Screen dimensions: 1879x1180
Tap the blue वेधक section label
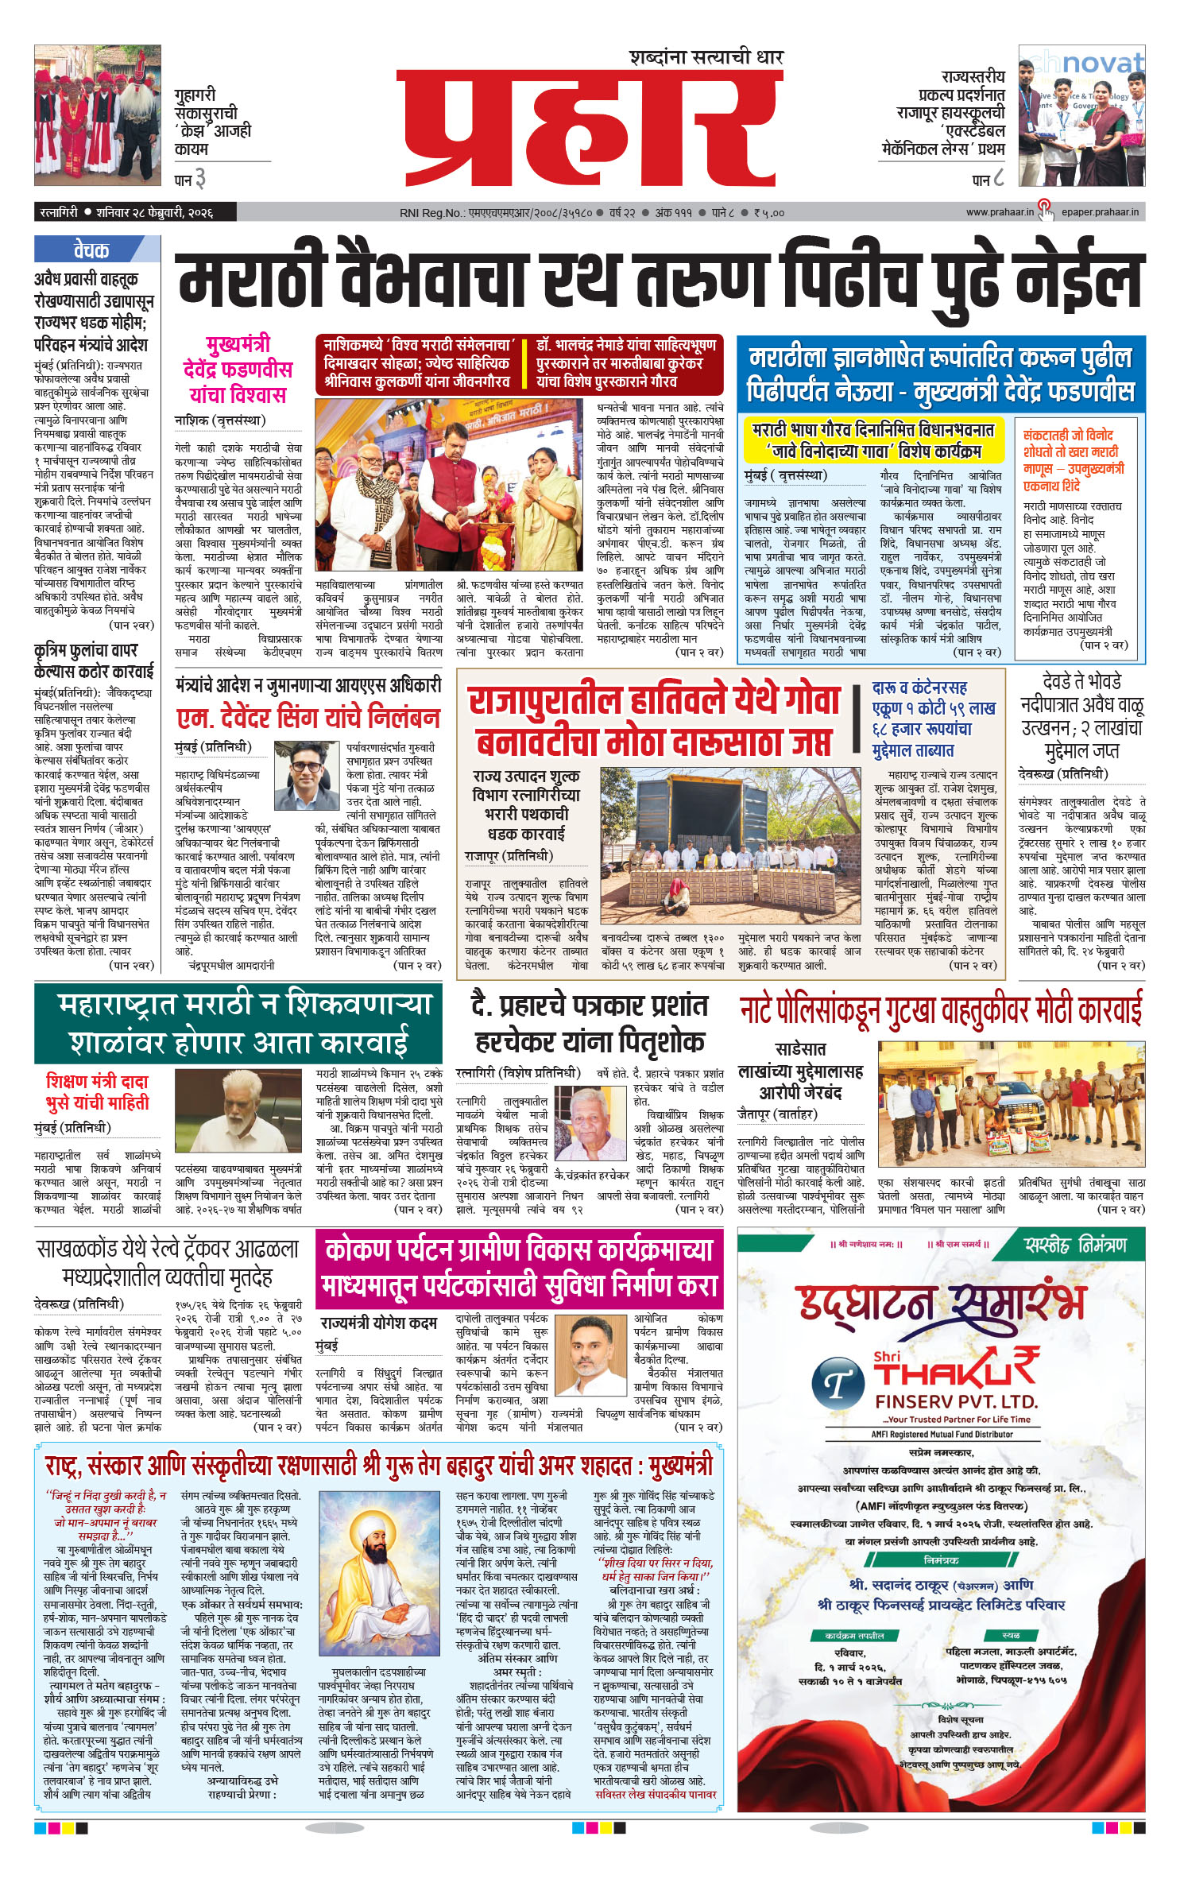click(91, 250)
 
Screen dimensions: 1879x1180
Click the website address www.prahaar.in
click(1000, 212)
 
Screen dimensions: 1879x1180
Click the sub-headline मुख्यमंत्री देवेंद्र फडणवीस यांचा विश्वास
click(237, 370)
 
